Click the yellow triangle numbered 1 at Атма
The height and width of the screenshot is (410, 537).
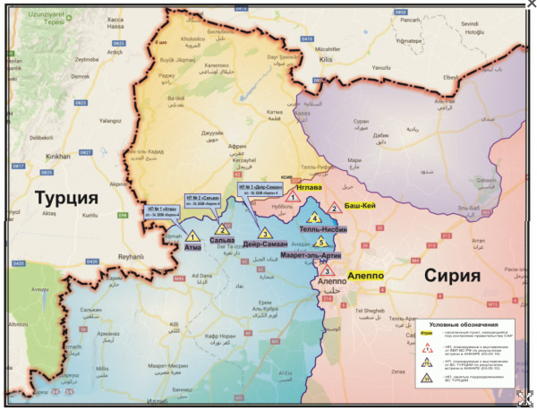pyautogui.click(x=191, y=238)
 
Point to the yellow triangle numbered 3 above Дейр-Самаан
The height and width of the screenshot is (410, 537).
pyautogui.click(x=264, y=234)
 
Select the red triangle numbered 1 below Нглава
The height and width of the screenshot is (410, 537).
pyautogui.click(x=291, y=197)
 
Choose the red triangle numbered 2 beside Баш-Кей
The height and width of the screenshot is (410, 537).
pyautogui.click(x=334, y=208)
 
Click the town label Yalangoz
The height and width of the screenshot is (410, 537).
pyautogui.click(x=110, y=119)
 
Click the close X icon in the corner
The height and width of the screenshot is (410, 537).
pyautogui.click(x=529, y=6)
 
